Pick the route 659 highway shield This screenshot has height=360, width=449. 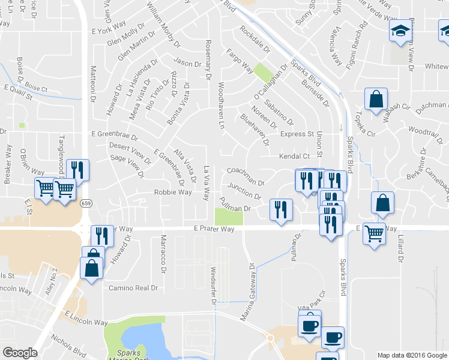(86, 203)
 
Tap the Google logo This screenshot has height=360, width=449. (20, 353)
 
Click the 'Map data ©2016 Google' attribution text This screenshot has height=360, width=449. (412, 355)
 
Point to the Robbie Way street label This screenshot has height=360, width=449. (173, 193)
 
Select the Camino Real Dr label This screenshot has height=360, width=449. (133, 288)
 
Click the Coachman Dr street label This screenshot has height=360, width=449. (245, 176)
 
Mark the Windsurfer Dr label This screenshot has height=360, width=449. (213, 286)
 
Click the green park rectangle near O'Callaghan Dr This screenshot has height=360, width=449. (262, 73)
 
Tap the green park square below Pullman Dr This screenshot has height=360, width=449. (229, 216)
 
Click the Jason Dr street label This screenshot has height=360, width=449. (187, 63)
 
